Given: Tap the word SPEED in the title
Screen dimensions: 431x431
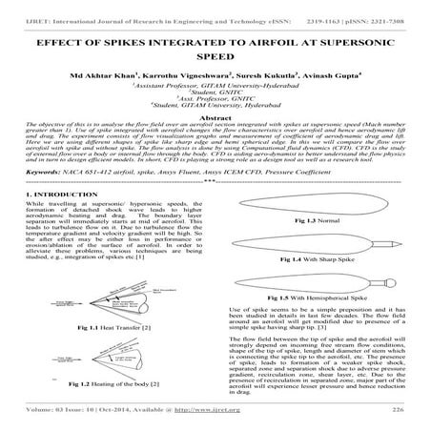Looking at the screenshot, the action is click(x=215, y=59).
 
